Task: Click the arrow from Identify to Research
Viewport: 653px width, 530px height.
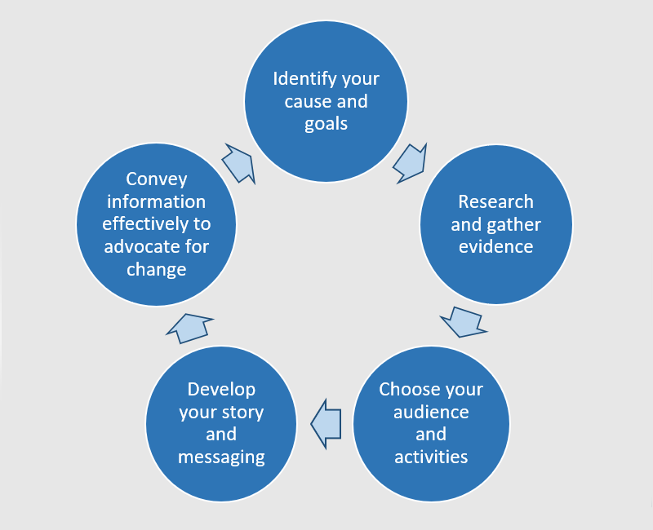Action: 410,163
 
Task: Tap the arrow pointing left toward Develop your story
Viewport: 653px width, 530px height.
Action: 326,423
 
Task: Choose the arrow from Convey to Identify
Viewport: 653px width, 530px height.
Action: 238,163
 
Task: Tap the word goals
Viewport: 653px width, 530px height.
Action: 326,123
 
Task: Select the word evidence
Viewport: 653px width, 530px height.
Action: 495,246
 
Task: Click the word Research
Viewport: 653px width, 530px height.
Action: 495,201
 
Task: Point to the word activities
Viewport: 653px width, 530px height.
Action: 431,457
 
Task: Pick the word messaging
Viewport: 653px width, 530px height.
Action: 221,457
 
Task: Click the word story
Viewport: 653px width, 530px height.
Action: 242,412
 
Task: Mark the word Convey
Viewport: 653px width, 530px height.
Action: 156,179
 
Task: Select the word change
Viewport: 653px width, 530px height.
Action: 156,268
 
